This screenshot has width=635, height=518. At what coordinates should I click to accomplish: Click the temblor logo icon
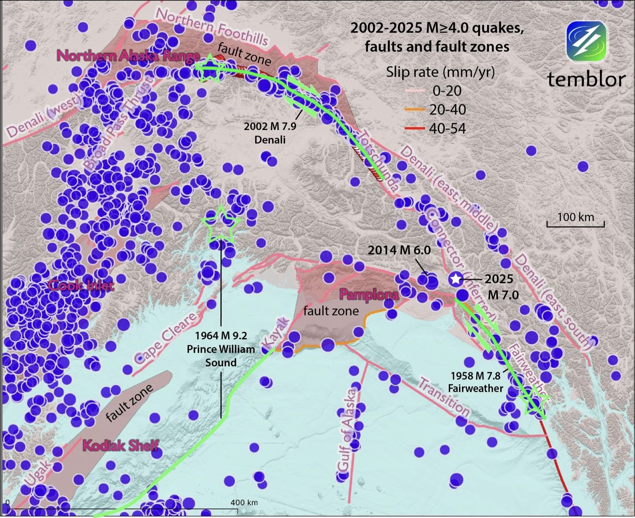coord(586,42)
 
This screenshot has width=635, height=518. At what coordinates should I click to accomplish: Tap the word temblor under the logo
coord(586,79)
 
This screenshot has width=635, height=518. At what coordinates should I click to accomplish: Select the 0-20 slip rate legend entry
coord(447,91)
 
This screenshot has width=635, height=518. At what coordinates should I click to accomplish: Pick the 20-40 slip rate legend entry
coord(447,109)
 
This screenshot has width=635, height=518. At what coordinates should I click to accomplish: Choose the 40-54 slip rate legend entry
coord(447,129)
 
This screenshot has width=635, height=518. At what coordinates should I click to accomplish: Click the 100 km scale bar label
coord(575,217)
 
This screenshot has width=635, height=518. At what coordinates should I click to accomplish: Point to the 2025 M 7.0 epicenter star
coord(455,279)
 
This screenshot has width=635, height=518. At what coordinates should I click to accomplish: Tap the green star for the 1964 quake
coord(221,225)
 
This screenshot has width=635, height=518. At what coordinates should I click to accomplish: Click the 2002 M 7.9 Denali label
coord(270,133)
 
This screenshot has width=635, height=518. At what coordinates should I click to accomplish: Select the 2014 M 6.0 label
coord(399,250)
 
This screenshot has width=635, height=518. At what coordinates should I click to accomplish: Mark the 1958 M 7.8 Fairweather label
coord(475,382)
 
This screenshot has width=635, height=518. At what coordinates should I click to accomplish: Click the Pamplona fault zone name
coord(369,294)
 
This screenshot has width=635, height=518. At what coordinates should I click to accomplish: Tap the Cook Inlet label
coord(81,285)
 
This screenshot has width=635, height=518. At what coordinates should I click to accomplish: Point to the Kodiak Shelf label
coord(121,445)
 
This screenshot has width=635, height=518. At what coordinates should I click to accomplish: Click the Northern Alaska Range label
coord(128,56)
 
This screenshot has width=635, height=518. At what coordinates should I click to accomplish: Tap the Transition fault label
coord(443,397)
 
